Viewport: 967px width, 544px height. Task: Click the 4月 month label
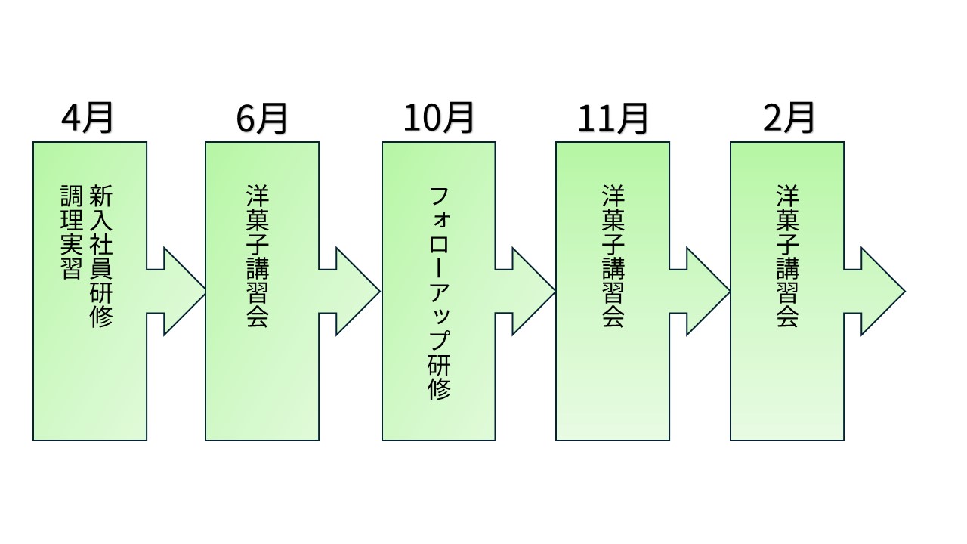coord(88,119)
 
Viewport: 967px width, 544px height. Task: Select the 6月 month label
coord(261,119)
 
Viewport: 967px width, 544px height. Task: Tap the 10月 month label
coord(438,119)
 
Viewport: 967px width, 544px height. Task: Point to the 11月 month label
coord(613,119)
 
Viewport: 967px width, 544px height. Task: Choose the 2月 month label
coord(786,119)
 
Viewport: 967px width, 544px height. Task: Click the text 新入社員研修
coord(100,256)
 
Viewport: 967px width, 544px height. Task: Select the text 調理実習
coord(71,232)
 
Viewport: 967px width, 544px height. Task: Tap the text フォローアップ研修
coord(439,294)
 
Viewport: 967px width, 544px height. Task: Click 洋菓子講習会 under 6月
coord(258,256)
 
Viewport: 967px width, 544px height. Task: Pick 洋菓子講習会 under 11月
coord(613,256)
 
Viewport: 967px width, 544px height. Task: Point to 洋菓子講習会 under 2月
coord(787,256)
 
